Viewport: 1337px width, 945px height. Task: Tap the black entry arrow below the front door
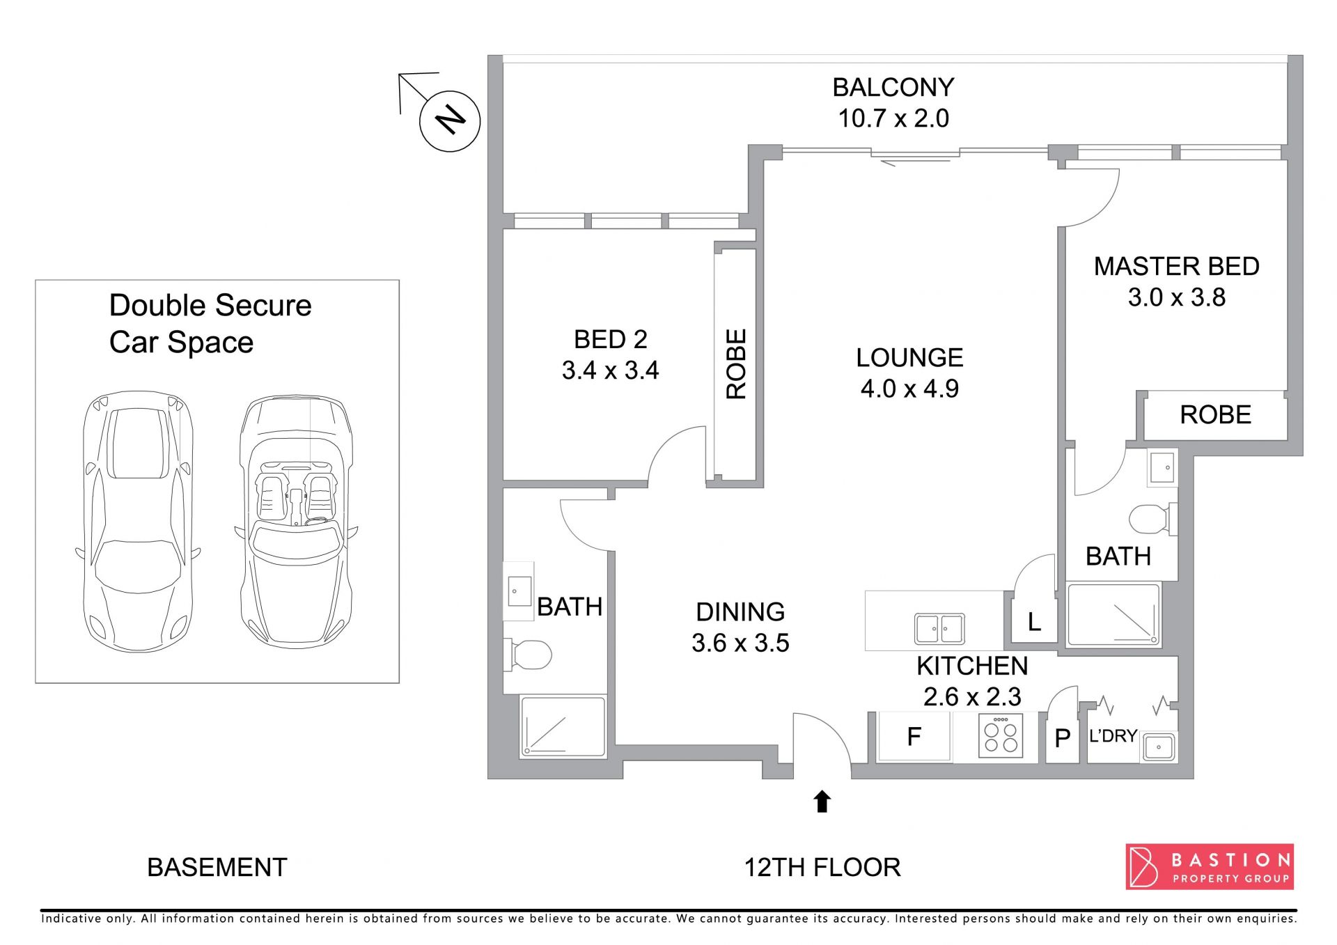tap(822, 801)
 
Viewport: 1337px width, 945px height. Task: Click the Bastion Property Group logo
tap(1210, 866)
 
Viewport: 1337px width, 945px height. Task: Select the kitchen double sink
tap(939, 629)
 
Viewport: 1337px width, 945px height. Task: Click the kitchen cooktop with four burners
tap(1001, 735)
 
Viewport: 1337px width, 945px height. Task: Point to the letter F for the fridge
tap(914, 736)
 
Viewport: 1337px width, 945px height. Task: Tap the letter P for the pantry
tap(1063, 738)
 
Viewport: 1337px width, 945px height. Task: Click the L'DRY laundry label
tap(1113, 736)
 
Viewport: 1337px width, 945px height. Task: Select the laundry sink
tap(1159, 747)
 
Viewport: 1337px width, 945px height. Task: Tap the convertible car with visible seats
tap(296, 522)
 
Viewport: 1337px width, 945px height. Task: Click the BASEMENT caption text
tap(217, 868)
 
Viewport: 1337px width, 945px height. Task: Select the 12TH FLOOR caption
tap(822, 868)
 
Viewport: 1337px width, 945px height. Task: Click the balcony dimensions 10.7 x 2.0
tap(893, 118)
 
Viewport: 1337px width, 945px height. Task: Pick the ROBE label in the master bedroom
tap(1215, 415)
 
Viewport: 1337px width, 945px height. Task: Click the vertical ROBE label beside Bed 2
tap(736, 364)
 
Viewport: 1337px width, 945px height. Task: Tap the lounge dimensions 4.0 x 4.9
tap(909, 389)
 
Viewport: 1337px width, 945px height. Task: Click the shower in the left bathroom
tap(563, 726)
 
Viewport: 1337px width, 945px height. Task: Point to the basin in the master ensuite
tap(1162, 467)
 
